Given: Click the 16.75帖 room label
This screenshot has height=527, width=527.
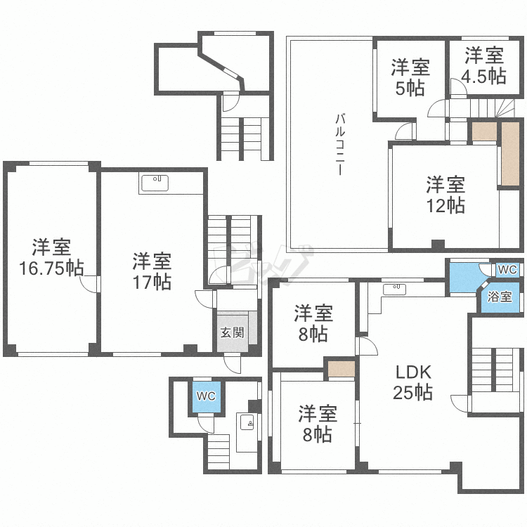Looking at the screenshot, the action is click(51, 257).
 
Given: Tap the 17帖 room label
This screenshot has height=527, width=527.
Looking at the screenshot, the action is click(152, 271).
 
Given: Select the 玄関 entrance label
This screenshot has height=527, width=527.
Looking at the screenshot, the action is click(233, 333).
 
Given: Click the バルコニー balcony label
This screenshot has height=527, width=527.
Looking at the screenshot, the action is click(340, 145).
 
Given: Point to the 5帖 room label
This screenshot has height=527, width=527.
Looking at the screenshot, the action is click(410, 77).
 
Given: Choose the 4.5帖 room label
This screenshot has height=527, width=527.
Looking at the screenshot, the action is click(484, 65).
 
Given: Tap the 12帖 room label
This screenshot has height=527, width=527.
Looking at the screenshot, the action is click(445, 195).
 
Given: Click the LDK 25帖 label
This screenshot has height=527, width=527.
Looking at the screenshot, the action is click(413, 382).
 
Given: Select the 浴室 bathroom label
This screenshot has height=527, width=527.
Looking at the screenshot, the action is click(500, 297).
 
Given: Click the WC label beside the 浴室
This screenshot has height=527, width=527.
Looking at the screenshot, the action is click(507, 270).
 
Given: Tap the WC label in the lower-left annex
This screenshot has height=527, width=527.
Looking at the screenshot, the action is click(206, 396).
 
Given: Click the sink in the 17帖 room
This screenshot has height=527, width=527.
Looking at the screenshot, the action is click(155, 183).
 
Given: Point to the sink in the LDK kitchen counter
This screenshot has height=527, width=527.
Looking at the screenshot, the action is click(394, 289).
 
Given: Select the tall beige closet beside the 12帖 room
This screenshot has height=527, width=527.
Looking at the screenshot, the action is click(510, 154).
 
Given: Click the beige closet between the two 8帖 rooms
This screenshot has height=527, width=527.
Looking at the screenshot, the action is click(341, 369).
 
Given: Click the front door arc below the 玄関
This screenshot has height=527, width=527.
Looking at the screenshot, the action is click(233, 365).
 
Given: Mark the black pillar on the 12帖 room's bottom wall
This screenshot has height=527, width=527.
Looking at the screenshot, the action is click(438, 245).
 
